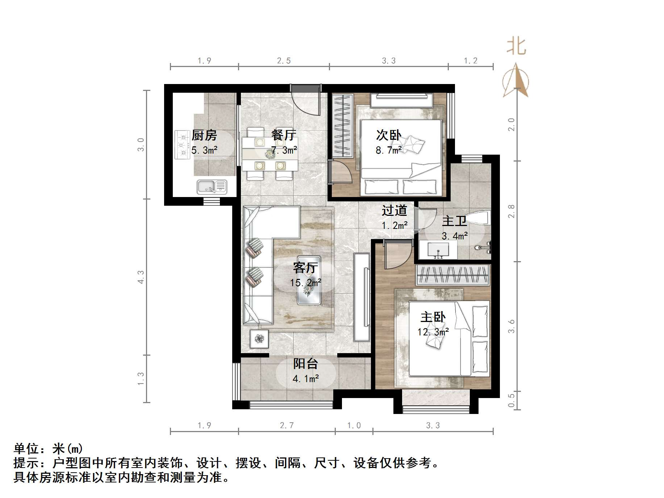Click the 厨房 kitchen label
(204, 135)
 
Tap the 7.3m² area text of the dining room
(284, 150)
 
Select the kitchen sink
(212, 187)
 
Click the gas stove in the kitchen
(182, 145)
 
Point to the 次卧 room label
(389, 135)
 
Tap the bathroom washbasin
(438, 250)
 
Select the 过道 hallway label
(394, 210)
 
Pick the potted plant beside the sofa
(259, 339)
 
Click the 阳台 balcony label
(305, 364)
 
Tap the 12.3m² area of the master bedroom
(433, 331)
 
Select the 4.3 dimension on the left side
(141, 277)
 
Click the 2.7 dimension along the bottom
(287, 425)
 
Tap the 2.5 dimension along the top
(284, 61)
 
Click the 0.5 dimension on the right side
(511, 401)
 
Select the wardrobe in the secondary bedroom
(342, 125)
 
